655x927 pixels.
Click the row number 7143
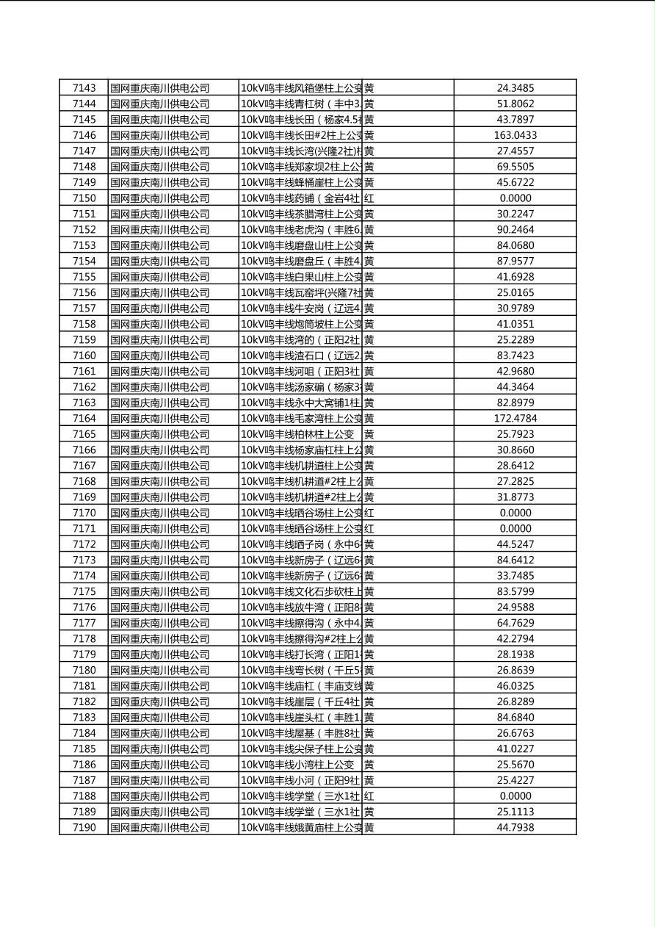pos(84,88)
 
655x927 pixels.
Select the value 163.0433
pos(515,135)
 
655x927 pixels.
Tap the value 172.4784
pos(515,419)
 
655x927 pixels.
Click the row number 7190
pos(84,828)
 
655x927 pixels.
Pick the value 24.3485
pos(515,88)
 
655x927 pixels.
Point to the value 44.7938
pos(515,828)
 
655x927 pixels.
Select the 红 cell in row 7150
pos(369,198)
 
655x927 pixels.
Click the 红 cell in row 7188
pos(369,796)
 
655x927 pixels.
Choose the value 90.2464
pos(515,230)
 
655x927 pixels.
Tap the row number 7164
pos(84,419)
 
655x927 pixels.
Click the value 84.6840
pos(515,718)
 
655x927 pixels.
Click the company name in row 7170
pos(160,513)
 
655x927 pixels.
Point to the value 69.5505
pos(515,167)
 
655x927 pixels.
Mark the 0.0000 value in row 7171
pos(515,529)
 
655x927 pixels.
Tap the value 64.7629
pos(515,623)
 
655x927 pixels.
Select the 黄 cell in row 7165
pos(369,434)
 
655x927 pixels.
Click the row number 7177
pos(84,623)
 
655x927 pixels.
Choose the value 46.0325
pos(515,686)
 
